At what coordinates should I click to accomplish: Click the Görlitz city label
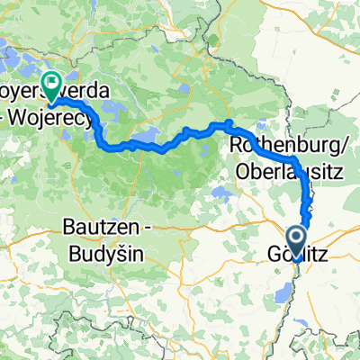[x=292, y=256]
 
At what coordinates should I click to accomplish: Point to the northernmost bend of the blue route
[x=229, y=122]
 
